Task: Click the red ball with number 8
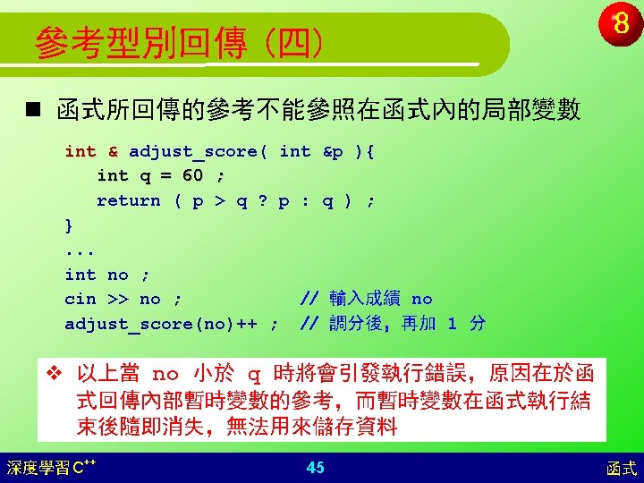620,23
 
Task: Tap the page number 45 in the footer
315,468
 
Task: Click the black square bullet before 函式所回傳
33,109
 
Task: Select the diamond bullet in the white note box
55,373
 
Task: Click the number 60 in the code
192,175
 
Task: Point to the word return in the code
129,201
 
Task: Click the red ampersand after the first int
113,151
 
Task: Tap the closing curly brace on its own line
69,226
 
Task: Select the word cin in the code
80,299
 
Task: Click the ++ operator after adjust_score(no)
247,324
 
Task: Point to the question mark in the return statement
263,200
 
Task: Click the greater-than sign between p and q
220,201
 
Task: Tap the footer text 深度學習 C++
51,468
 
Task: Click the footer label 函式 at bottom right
622,469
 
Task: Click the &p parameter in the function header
333,152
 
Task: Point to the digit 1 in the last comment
452,324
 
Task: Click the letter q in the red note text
254,376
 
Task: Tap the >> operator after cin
118,299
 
